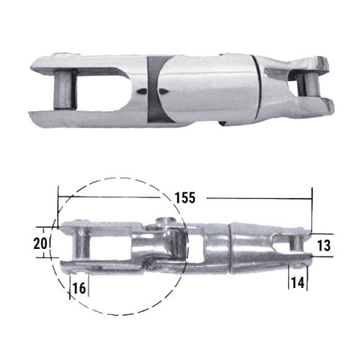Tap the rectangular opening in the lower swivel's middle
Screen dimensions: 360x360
[197, 249]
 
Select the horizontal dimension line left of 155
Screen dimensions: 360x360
[112, 197]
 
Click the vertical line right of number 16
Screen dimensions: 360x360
[89, 285]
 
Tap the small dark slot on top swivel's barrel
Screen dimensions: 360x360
[144, 91]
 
